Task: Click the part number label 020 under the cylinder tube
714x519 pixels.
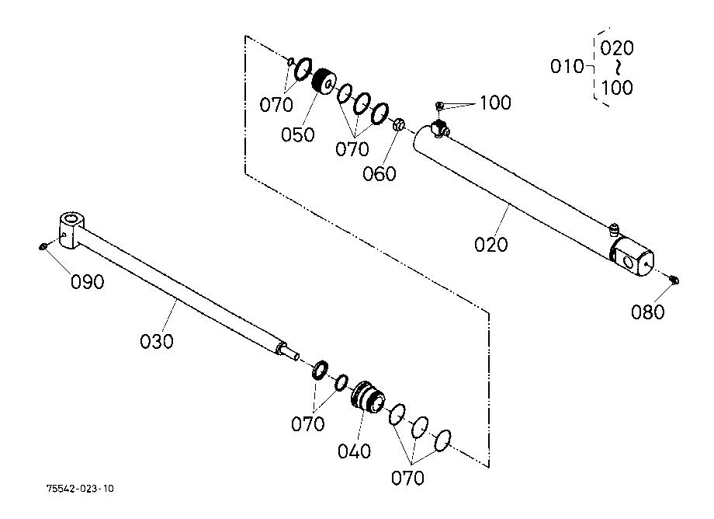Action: pos(491,245)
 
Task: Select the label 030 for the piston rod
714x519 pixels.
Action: pos(157,340)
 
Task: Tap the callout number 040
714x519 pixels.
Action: pos(355,451)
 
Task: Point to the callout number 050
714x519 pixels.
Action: pos(298,134)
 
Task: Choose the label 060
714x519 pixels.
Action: pos(380,173)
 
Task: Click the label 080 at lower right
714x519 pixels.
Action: pos(648,312)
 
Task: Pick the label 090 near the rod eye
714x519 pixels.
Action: pos(88,282)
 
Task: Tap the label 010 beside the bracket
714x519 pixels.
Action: pos(567,67)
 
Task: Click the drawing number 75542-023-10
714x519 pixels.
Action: pos(80,489)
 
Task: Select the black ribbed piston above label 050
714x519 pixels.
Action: pos(322,81)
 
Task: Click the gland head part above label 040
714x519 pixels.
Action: pos(366,395)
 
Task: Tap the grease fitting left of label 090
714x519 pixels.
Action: pos(43,246)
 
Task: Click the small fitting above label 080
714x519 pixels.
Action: pos(674,280)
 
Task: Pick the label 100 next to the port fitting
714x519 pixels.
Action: pos(495,103)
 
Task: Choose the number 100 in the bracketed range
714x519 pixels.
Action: pos(617,87)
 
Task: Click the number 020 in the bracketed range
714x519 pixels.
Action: pos(617,48)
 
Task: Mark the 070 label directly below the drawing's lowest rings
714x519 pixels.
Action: pos(407,477)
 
